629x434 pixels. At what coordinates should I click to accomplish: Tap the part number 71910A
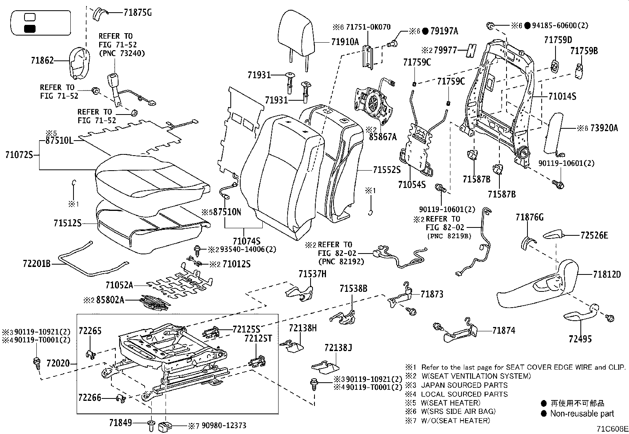coord(345,41)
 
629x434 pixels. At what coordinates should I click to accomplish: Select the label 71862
coord(42,61)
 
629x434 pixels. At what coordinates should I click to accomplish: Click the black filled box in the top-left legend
coord(30,28)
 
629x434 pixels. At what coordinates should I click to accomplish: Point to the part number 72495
coord(580,339)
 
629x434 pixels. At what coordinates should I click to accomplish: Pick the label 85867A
coord(382,137)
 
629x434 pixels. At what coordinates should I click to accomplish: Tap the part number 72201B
coord(36,263)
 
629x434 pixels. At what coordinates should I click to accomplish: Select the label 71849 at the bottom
coord(121,423)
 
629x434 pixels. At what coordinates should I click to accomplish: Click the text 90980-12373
coord(224,425)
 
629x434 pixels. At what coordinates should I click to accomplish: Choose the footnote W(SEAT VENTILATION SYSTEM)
coord(476,376)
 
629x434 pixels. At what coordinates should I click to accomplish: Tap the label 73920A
coord(605,128)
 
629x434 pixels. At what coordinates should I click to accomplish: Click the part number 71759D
coord(557,40)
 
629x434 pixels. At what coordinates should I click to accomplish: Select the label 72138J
coord(338,348)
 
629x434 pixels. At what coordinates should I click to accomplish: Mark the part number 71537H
coord(312,274)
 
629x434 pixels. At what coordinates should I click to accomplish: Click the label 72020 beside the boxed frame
coord(58,363)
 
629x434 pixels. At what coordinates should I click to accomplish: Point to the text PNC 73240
coord(122,53)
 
